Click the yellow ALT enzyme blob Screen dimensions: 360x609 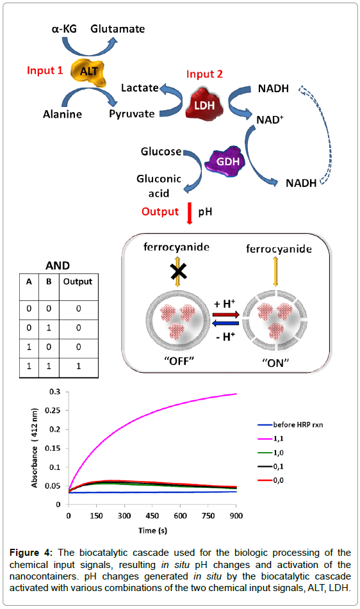(x=88, y=72)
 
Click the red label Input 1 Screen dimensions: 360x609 (x=45, y=70)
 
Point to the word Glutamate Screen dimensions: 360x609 (x=118, y=29)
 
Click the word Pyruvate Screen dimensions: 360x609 (x=132, y=114)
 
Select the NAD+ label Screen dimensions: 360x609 (x=270, y=119)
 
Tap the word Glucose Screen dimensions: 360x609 (x=161, y=151)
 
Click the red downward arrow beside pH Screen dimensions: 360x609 (x=190, y=213)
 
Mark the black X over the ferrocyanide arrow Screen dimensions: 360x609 (x=179, y=272)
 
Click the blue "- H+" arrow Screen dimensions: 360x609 (x=226, y=323)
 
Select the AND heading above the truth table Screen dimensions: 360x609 (x=58, y=265)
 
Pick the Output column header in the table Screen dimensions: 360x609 (x=78, y=281)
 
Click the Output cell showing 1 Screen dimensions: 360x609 (x=78, y=366)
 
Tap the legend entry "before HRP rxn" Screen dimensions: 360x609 (x=290, y=425)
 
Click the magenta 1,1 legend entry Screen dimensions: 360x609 (x=271, y=439)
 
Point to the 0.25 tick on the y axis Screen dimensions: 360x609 (x=53, y=410)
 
